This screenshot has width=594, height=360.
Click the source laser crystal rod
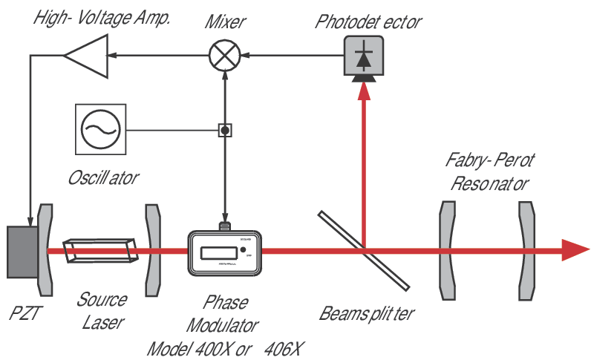101,251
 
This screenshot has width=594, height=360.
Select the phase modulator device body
223,254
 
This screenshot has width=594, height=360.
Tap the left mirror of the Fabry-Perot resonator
446,251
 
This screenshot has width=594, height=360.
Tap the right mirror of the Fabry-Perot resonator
526,251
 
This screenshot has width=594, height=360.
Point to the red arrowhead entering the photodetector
363,90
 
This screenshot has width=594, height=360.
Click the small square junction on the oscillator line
224,131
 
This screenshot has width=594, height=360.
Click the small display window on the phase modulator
215,250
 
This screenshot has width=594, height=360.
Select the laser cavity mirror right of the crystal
153,251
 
